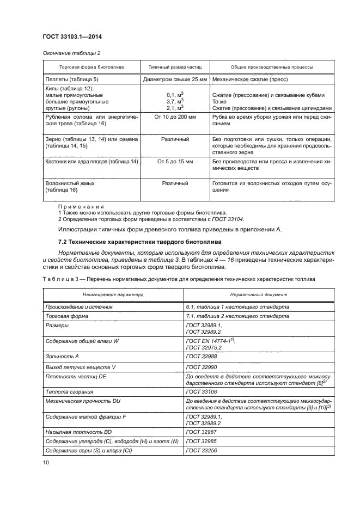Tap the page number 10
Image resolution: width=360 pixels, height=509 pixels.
46,462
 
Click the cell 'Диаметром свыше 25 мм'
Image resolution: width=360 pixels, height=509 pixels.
175,79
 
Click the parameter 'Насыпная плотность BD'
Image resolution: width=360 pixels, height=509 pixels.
76,431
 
